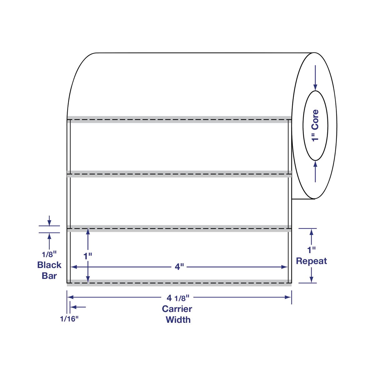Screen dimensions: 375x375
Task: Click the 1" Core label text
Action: (316, 125)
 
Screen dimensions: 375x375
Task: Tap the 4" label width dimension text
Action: (178, 267)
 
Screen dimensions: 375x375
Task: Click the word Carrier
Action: (177, 309)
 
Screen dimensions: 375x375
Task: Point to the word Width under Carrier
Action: (178, 319)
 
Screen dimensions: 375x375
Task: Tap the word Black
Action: (49, 265)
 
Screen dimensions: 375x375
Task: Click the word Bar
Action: (49, 276)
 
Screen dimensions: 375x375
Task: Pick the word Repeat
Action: (311, 261)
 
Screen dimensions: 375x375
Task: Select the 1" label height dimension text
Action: (88, 256)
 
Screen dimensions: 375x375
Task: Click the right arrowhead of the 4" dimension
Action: (284, 267)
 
